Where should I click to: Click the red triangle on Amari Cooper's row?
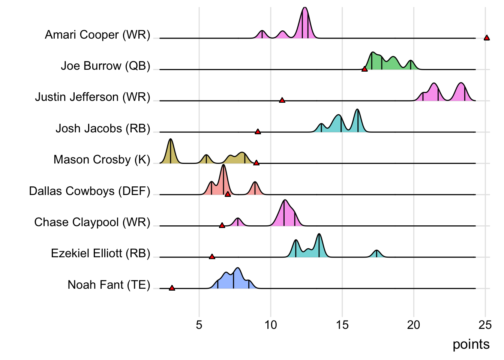coord(486,37)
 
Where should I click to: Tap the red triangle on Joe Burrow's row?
coord(364,69)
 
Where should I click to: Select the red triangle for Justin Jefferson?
coord(282,100)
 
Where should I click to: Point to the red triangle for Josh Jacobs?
coord(258,132)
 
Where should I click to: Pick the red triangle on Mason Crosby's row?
coord(256,163)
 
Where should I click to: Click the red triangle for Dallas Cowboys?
coord(228,194)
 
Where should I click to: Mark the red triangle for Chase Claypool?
coord(222,225)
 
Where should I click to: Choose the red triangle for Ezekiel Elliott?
coord(212,256)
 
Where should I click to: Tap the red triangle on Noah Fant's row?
coord(172,288)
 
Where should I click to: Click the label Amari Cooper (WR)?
coord(97,35)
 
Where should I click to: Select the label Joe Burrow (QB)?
coord(105,66)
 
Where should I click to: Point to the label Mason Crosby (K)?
coord(102,160)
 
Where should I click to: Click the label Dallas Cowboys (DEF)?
coord(90,191)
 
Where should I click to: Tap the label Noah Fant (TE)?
coord(109,285)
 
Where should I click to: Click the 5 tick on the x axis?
coord(199,325)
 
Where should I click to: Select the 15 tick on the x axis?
coord(342,325)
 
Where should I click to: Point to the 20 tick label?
coord(414,325)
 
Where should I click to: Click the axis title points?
coord(471,344)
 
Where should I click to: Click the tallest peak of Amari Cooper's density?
coord(305,8)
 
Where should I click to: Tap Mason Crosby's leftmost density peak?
coord(171,139)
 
